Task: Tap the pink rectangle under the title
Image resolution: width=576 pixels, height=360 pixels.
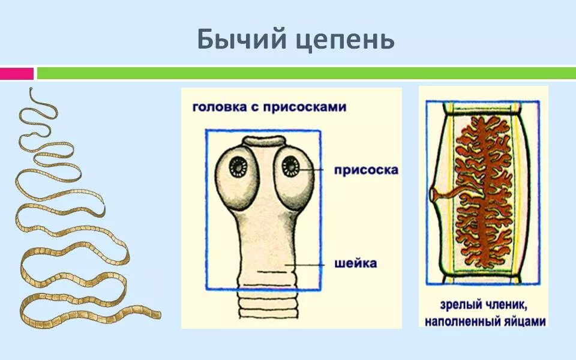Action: [x=16, y=73]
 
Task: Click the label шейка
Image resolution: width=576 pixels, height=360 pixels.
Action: [x=356, y=263]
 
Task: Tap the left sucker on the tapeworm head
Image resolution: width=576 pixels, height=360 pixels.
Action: [x=240, y=166]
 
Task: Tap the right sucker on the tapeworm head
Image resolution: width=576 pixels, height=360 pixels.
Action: [x=291, y=166]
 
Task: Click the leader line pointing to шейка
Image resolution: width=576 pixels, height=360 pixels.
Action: [x=306, y=264]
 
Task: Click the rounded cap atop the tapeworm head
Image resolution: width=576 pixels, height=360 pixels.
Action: [x=264, y=140]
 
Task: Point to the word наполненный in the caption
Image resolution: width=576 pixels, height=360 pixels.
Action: [x=462, y=321]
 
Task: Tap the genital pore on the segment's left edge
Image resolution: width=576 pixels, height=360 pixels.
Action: [x=434, y=195]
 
